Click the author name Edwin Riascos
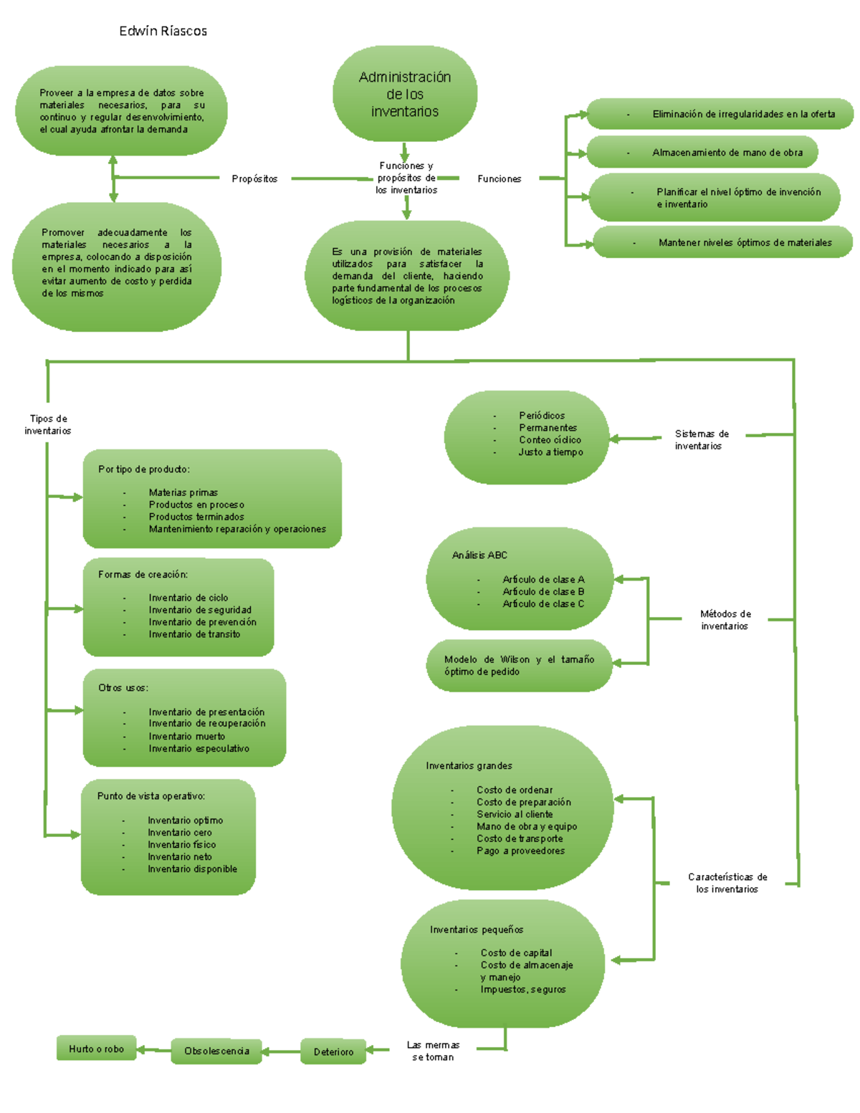pyautogui.click(x=163, y=31)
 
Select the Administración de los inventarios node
pyautogui.click(x=405, y=94)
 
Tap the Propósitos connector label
pyautogui.click(x=254, y=178)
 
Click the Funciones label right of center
pyautogui.click(x=499, y=178)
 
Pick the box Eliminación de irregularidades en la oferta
pyautogui.click(x=721, y=114)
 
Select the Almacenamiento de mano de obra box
pyautogui.click(x=702, y=153)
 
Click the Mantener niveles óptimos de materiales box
pyautogui.click(x=723, y=242)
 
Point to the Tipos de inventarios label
pyautogui.click(x=48, y=424)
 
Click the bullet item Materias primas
pyautogui.click(x=183, y=492)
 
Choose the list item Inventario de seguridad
pyautogui.click(x=200, y=610)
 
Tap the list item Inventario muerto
pyautogui.click(x=186, y=736)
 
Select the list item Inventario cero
pyautogui.click(x=179, y=832)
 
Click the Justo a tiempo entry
pyautogui.click(x=550, y=452)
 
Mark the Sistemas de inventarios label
pyautogui.click(x=701, y=439)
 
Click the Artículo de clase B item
pyautogui.click(x=543, y=591)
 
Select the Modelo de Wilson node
pyautogui.click(x=519, y=665)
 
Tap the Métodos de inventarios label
pyautogui.click(x=725, y=619)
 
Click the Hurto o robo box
pyautogui.click(x=96, y=1048)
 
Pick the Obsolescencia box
pyautogui.click(x=216, y=1051)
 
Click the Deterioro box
pyautogui.click(x=333, y=1051)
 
